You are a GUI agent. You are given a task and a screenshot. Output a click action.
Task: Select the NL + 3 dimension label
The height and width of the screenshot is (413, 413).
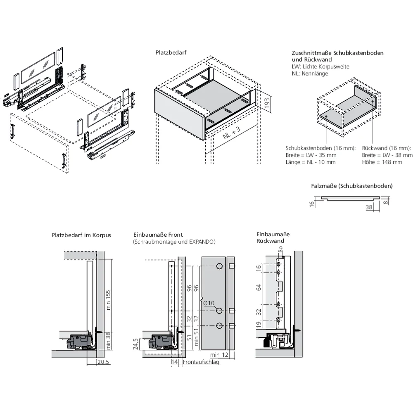coord(230,135)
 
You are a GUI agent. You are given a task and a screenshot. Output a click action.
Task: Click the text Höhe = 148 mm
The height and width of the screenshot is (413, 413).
coord(382,162)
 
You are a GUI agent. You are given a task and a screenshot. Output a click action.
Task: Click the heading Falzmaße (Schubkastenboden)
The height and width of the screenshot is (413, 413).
coord(351,186)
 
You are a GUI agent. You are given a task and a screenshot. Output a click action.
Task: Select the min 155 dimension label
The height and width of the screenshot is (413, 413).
coord(109,299)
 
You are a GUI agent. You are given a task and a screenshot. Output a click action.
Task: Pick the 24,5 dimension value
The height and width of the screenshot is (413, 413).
coord(135,343)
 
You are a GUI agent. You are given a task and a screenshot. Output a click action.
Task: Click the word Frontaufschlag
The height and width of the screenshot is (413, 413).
coord(201,362)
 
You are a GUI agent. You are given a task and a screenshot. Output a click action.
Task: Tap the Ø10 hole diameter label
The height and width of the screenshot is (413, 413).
coord(209,303)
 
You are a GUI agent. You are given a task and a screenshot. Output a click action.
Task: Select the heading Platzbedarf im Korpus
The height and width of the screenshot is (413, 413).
coord(81,235)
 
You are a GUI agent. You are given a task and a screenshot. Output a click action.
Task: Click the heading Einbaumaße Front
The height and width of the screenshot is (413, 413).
coord(158,235)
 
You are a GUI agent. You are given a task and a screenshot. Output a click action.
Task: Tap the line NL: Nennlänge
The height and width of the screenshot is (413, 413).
coord(310,74)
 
